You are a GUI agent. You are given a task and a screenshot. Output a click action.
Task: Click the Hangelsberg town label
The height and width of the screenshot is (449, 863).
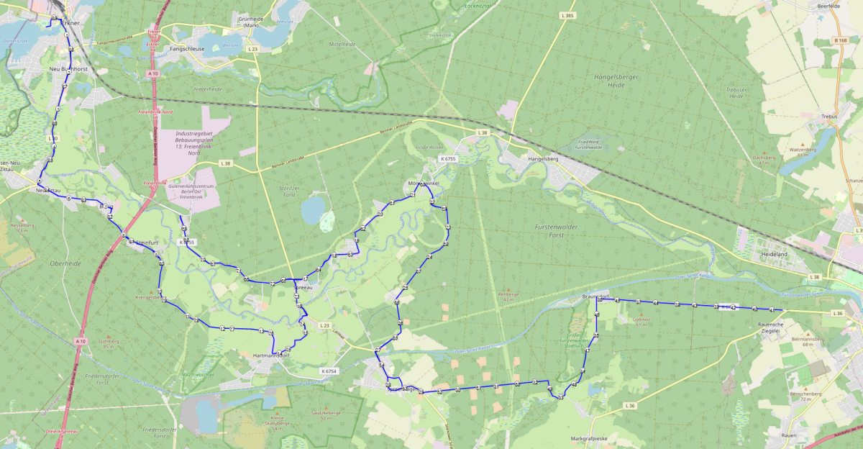[543, 158]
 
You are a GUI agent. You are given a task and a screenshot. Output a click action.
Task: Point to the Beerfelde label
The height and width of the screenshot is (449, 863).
[829, 6]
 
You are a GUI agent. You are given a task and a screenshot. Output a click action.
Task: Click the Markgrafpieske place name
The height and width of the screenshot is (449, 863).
[590, 438]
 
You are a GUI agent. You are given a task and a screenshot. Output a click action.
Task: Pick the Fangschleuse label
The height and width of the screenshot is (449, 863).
[187, 49]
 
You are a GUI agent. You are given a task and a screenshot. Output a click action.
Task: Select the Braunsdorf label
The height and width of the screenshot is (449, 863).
[595, 296]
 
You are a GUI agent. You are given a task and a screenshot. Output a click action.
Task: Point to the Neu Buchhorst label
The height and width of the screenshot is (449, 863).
[67, 68]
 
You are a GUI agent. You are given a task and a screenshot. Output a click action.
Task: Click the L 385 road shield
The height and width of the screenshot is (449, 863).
[567, 15]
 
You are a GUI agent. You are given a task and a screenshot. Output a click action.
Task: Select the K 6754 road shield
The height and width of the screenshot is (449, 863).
[327, 371]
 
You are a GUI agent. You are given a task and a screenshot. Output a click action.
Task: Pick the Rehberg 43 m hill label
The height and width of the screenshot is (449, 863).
[508, 296]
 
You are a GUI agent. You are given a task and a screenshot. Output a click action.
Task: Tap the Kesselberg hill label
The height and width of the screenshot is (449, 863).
[23, 227]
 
